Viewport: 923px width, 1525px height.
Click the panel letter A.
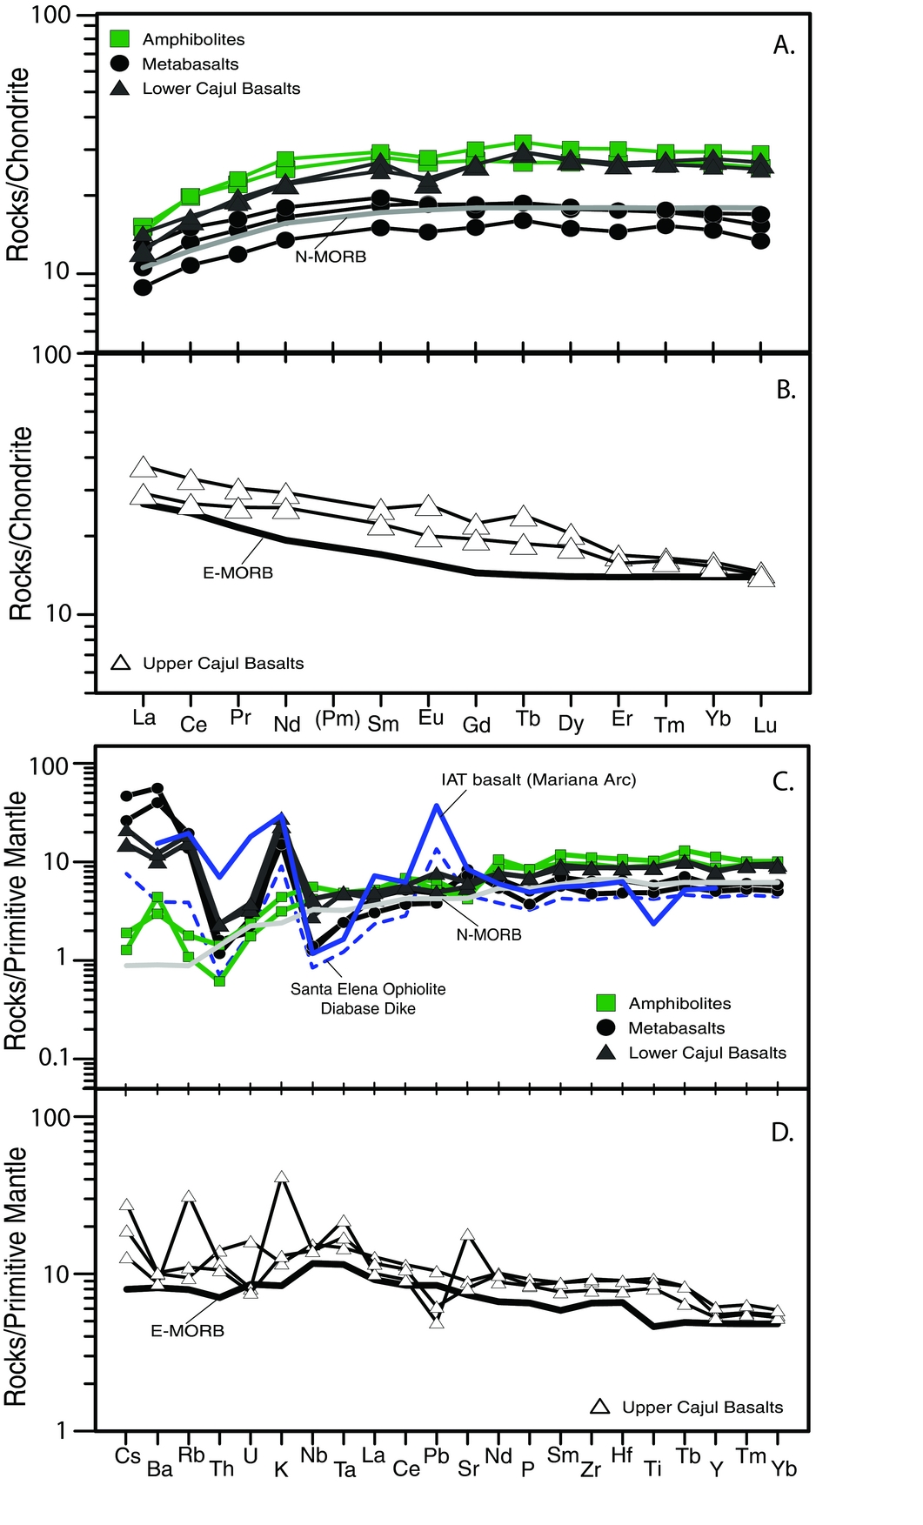[784, 46]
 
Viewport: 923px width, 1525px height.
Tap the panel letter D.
[782, 1133]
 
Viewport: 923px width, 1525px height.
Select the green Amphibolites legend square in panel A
[120, 39]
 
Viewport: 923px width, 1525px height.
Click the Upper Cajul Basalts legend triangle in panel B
[122, 663]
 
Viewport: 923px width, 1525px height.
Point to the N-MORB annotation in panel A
[331, 257]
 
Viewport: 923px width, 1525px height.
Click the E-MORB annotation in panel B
[237, 573]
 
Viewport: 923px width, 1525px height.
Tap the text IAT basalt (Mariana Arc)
[538, 779]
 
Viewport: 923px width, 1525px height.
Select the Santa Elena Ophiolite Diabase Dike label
[368, 999]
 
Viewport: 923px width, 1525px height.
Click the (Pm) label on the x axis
[337, 719]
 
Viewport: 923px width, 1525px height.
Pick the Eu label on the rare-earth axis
[431, 718]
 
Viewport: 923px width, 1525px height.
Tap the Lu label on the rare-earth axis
[765, 725]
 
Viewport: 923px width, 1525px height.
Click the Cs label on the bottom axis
[128, 1456]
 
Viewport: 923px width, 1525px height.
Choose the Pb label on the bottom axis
[436, 1456]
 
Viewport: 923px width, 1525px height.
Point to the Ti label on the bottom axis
[652, 1468]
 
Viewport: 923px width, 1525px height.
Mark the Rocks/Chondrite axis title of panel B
[21, 523]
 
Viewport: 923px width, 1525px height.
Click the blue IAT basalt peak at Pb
[437, 806]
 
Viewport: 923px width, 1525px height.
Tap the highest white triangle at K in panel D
[281, 1177]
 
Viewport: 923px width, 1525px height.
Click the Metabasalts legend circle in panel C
[606, 1027]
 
